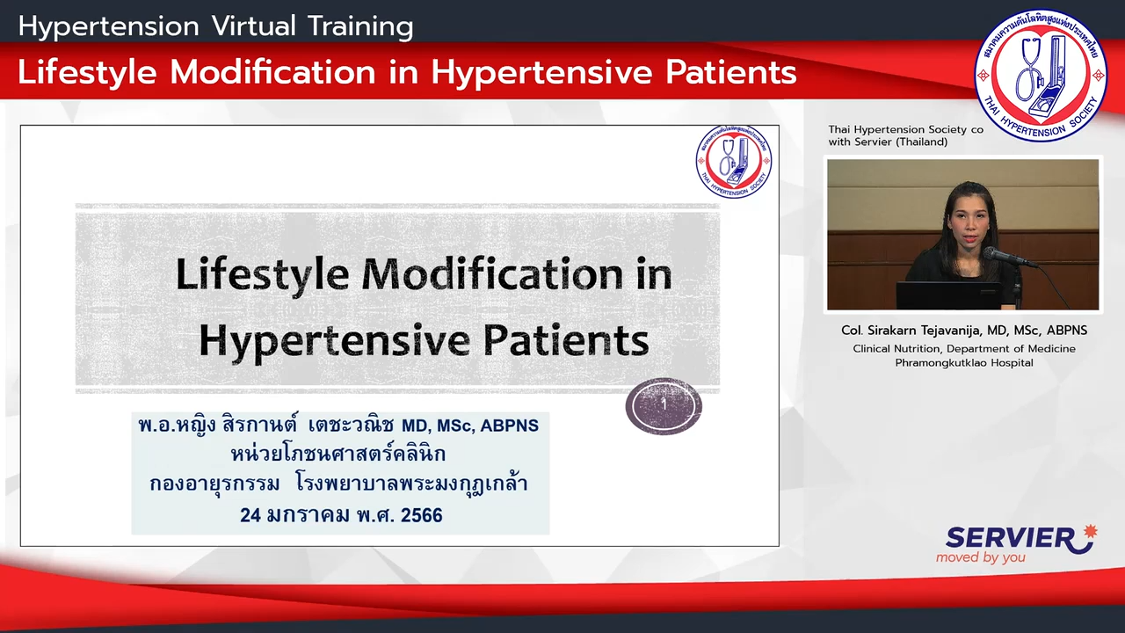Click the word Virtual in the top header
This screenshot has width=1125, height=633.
pyautogui.click(x=254, y=26)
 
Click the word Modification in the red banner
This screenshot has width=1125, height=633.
pyautogui.click(x=272, y=72)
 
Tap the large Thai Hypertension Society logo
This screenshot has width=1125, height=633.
pyautogui.click(x=1040, y=76)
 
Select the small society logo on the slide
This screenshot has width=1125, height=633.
pyautogui.click(x=734, y=162)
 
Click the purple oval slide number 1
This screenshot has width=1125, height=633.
pyautogui.click(x=664, y=406)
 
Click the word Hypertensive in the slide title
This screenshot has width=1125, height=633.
pyautogui.click(x=335, y=342)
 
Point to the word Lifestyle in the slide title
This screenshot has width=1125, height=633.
pyautogui.click(x=262, y=274)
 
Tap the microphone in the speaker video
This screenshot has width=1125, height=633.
pyautogui.click(x=1010, y=258)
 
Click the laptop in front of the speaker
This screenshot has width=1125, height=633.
pyautogui.click(x=949, y=295)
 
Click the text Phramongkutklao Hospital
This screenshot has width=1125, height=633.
pyautogui.click(x=964, y=363)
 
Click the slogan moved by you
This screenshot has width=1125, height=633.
pyautogui.click(x=980, y=557)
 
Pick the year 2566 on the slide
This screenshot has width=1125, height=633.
pyautogui.click(x=421, y=515)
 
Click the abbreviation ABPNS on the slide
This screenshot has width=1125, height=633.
pyautogui.click(x=509, y=426)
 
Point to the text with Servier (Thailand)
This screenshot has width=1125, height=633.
pyautogui.click(x=888, y=142)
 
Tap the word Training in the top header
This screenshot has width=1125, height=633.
pyautogui.click(x=360, y=27)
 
